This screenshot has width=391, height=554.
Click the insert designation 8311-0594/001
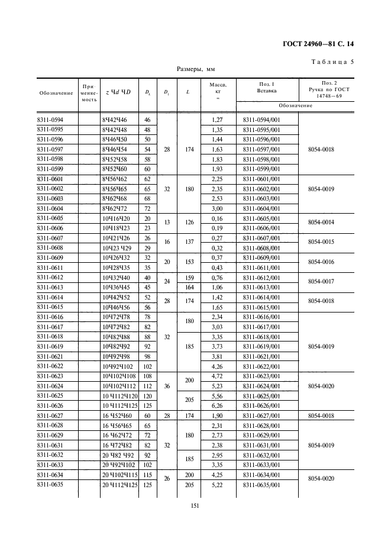[261, 120]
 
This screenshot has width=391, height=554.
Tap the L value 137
[189, 243]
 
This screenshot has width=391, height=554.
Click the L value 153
[189, 262]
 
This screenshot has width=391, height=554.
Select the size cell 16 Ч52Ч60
[117, 416]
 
